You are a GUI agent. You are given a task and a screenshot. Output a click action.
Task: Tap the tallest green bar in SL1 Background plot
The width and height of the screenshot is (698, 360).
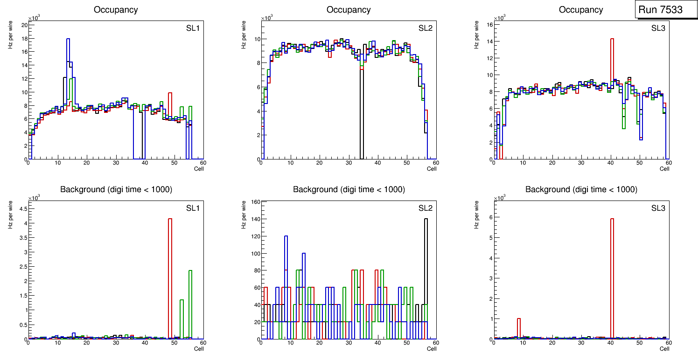pyautogui.click(x=190, y=303)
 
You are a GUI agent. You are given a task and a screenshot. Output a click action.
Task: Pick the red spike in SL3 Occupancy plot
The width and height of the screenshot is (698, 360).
pyautogui.click(x=612, y=93)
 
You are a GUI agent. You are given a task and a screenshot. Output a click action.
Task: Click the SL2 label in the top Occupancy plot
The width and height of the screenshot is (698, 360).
pyautogui.click(x=425, y=28)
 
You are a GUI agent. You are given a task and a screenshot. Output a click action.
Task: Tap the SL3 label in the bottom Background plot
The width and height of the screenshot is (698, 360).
pyautogui.click(x=658, y=208)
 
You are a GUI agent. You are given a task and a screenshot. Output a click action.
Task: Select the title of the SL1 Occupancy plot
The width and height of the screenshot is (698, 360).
pyautogui.click(x=116, y=10)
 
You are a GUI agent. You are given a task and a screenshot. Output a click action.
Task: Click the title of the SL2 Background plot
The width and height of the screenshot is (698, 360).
pyautogui.click(x=349, y=189)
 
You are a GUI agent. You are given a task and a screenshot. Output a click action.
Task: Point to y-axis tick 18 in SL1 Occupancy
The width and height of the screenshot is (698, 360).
pyautogui.click(x=24, y=38)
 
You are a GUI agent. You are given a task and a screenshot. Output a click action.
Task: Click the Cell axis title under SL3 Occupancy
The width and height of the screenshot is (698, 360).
pyautogui.click(x=664, y=168)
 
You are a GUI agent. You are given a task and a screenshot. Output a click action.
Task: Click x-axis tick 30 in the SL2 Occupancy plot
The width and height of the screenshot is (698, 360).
pyautogui.click(x=349, y=163)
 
